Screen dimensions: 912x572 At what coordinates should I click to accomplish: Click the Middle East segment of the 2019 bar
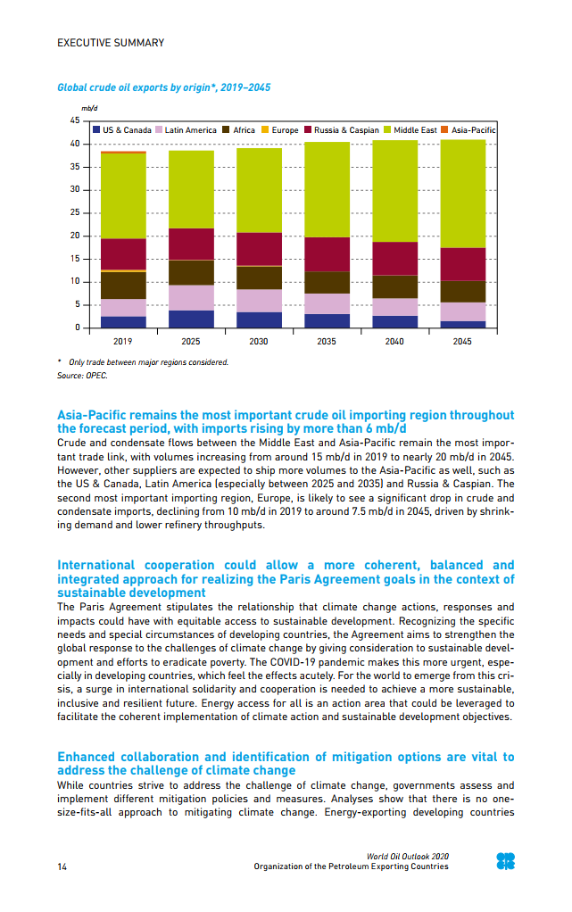click(123, 195)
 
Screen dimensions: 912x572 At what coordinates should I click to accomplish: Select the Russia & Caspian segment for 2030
click(259, 249)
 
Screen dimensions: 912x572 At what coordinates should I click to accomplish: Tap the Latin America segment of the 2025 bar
click(191, 297)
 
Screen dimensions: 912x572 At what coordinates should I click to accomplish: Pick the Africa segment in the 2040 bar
click(394, 286)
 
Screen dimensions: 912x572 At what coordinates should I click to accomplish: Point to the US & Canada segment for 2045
click(462, 324)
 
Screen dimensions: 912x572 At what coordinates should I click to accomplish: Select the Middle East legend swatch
click(387, 130)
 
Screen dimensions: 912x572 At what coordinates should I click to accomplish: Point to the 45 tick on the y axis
click(74, 120)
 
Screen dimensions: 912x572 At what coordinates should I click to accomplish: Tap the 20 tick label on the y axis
click(74, 236)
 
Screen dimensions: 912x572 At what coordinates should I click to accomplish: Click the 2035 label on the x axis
click(327, 342)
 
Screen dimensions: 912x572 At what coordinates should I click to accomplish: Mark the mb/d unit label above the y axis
click(88, 108)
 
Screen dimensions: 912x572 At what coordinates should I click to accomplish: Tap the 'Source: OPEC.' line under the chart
click(82, 376)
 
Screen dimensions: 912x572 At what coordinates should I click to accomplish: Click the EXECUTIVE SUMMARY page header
click(111, 43)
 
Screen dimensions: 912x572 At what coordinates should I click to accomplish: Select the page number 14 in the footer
click(62, 866)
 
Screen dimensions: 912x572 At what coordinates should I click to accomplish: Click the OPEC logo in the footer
click(505, 861)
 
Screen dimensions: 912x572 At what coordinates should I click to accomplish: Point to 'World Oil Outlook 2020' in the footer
click(408, 857)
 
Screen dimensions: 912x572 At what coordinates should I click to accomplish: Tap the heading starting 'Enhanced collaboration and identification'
click(286, 763)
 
